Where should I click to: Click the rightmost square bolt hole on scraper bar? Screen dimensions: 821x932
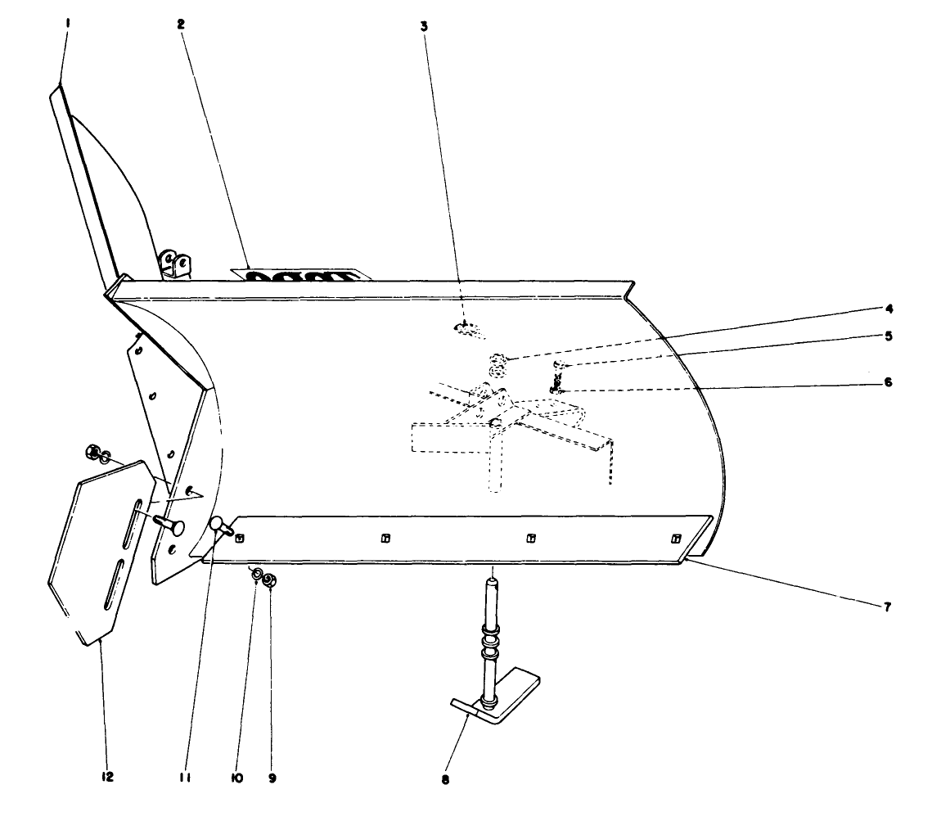pyautogui.click(x=675, y=538)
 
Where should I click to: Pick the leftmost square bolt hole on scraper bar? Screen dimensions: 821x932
pyautogui.click(x=239, y=537)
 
